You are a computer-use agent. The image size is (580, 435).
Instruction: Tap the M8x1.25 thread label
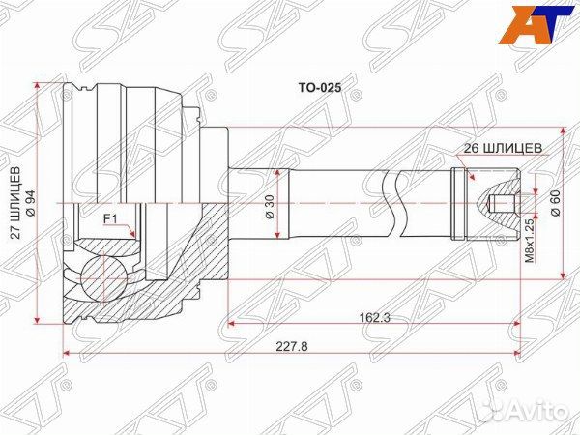[529, 242]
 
